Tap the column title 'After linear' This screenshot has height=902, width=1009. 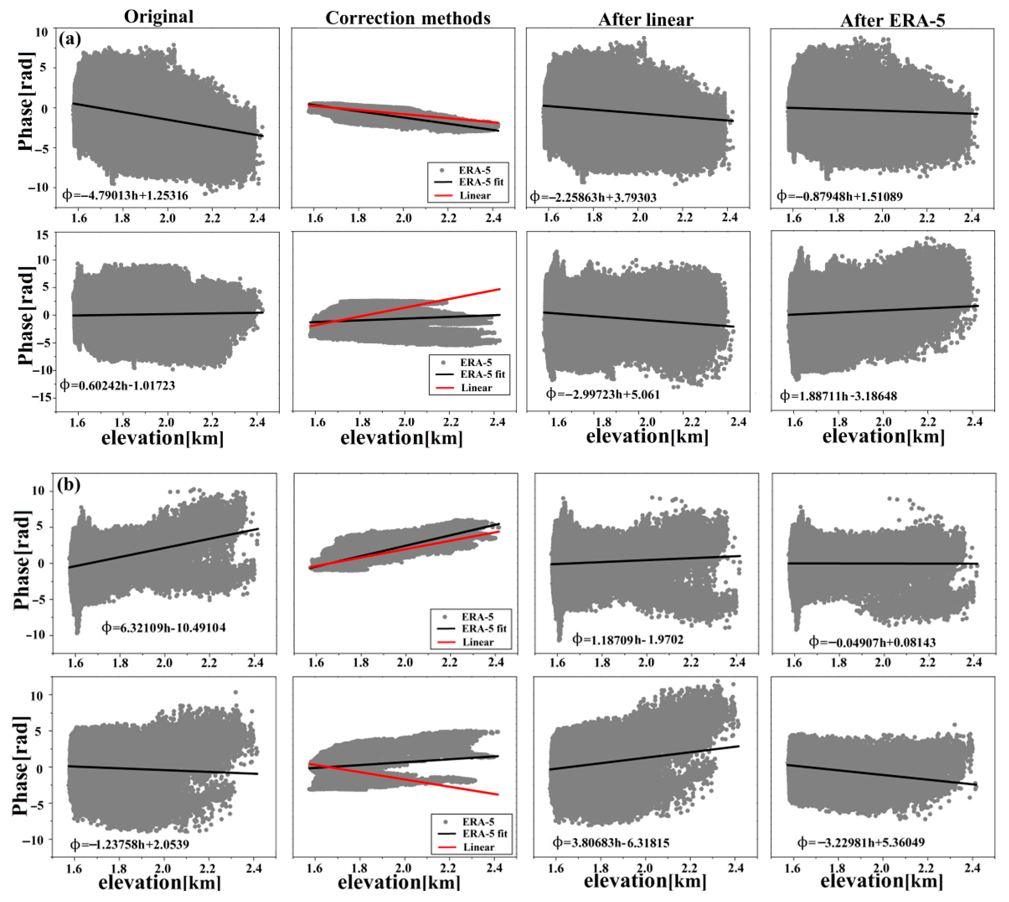click(646, 19)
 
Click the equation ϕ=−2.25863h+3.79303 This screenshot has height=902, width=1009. click(593, 197)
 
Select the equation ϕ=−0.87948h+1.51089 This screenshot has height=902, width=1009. click(839, 196)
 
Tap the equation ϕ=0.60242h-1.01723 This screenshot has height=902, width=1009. click(118, 385)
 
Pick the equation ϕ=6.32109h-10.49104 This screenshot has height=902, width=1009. click(164, 627)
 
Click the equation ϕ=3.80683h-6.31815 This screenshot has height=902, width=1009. click(611, 842)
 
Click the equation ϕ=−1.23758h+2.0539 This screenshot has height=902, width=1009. click(130, 844)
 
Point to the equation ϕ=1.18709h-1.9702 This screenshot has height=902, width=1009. click(628, 639)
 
